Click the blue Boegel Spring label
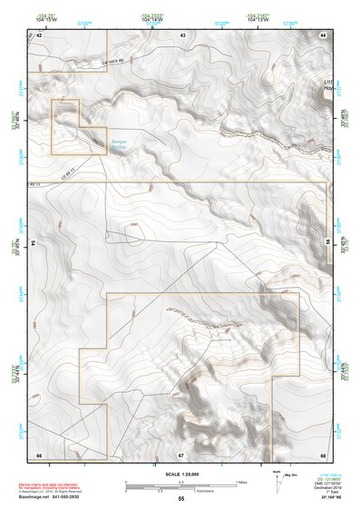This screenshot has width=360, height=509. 120,145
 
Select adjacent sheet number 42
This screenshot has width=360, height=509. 40,34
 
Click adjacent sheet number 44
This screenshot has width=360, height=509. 323,34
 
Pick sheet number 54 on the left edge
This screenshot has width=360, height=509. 34,243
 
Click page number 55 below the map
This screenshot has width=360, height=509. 181,499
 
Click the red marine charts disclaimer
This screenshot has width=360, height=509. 56,480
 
